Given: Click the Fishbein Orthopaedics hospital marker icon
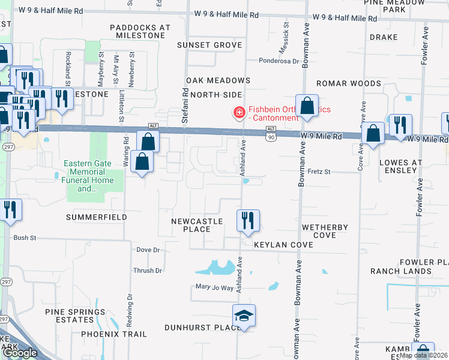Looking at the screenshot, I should click(239, 112).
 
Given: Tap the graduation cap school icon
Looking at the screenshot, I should click(244, 316).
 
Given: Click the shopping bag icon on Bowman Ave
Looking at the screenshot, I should click(307, 106).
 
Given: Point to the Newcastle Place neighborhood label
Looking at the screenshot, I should click(197, 226).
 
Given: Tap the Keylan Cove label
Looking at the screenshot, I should click(283, 245).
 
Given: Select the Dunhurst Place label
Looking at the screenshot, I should click(203, 328).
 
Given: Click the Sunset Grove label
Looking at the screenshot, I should click(210, 45).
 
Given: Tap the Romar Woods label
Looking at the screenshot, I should click(349, 83).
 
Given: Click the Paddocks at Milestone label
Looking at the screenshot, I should click(140, 32).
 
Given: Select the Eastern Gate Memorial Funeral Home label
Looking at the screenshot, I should click(95, 176).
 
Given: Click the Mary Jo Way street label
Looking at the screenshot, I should click(214, 287).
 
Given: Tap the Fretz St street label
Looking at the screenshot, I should click(319, 172).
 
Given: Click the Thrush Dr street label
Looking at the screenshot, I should click(148, 271).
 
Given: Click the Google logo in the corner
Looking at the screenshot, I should click(20, 353).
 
